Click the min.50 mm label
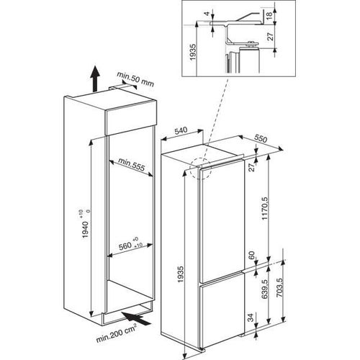[135, 79]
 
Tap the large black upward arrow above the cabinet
[95, 78]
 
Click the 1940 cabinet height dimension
[86, 230]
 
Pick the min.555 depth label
[132, 165]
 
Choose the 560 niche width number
[125, 246]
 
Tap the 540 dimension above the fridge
[181, 131]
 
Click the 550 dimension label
[261, 138]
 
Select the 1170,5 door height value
[265, 208]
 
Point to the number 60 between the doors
[251, 256]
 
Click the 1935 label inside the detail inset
[193, 52]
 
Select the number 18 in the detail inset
[270, 14]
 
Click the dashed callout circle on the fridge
[200, 168]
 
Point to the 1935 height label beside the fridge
[181, 274]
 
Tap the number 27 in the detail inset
[271, 37]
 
